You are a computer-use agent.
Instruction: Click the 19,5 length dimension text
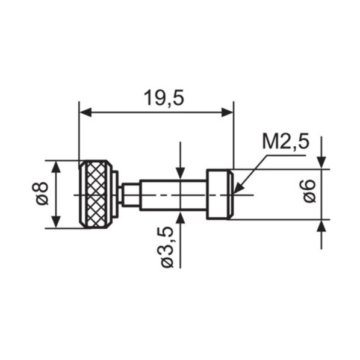(164, 98)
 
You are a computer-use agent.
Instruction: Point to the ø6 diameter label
(309, 191)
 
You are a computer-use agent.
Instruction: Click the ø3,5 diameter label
(167, 247)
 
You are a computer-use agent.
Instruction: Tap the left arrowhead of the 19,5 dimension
(85, 113)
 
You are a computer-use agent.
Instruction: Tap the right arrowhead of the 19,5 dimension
(228, 113)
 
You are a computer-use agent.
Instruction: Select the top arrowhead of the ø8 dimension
(56, 166)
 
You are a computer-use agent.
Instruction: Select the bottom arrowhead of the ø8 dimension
(56, 222)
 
